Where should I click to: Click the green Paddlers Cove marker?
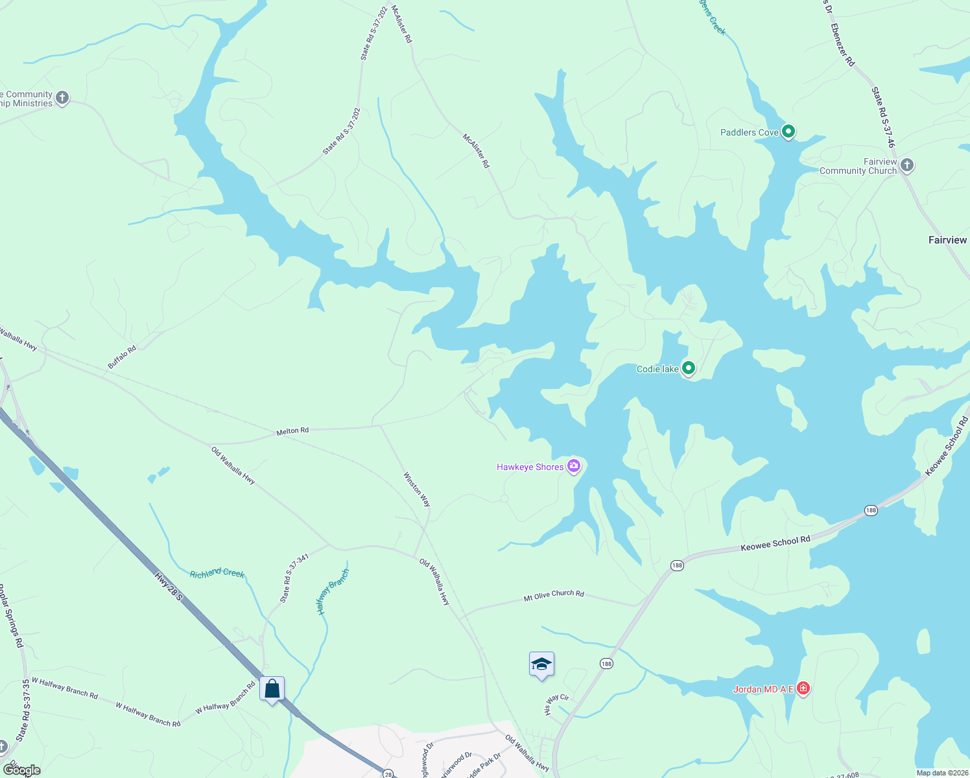pyautogui.click(x=788, y=132)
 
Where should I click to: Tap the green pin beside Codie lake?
pyautogui.click(x=689, y=368)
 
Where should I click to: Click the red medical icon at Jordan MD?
pyautogui.click(x=803, y=688)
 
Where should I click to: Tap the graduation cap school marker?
pyautogui.click(x=541, y=664)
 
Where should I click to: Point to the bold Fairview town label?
pyautogui.click(x=947, y=240)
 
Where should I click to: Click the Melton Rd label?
pyautogui.click(x=292, y=430)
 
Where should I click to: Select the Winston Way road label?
pyautogui.click(x=417, y=489)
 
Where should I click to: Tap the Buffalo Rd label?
pyautogui.click(x=122, y=357)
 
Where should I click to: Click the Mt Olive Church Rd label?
pyautogui.click(x=554, y=595)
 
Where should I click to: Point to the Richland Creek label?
pyautogui.click(x=217, y=573)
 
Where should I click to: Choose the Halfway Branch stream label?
pyautogui.click(x=333, y=591)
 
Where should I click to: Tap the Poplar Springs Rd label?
pyautogui.click(x=11, y=615)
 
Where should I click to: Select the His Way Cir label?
pyautogui.click(x=556, y=704)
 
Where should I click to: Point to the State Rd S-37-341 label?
pyautogui.click(x=294, y=578)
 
